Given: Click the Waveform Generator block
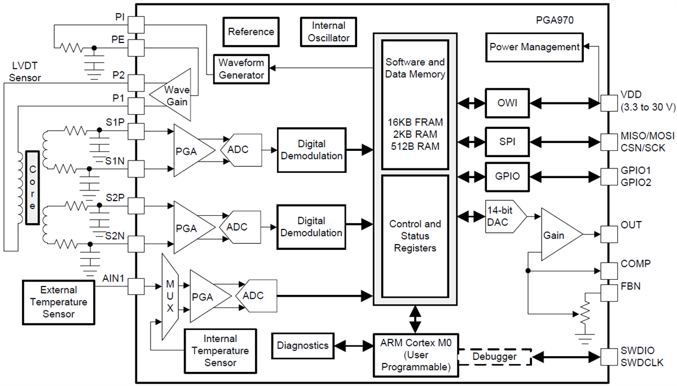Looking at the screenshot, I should [241, 69].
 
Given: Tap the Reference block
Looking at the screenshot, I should [251, 32].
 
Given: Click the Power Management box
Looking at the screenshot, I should [534, 47].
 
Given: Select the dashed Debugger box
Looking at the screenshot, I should [494, 357].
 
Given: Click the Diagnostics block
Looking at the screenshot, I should [302, 345].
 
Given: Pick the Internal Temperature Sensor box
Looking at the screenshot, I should [220, 350].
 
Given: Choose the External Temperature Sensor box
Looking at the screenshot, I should [59, 302].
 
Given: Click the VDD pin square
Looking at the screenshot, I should [609, 103].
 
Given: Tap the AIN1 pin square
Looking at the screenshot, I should [137, 286].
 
